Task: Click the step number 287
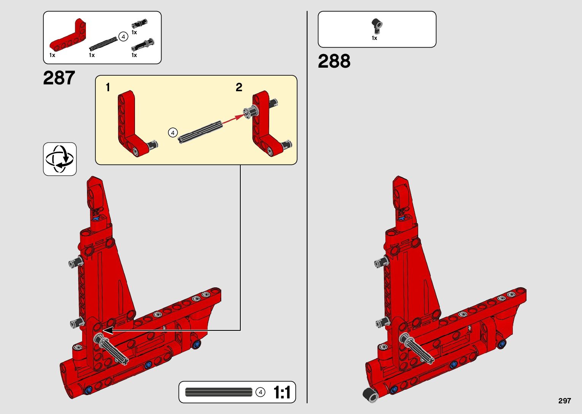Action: click(59, 78)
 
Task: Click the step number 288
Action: click(334, 61)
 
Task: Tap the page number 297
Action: click(565, 401)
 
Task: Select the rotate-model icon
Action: click(60, 159)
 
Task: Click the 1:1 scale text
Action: click(282, 392)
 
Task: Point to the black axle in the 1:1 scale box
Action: click(219, 392)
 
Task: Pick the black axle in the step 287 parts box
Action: click(103, 43)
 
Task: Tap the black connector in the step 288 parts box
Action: click(377, 25)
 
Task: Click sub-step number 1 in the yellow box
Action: click(108, 87)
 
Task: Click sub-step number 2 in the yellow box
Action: click(239, 87)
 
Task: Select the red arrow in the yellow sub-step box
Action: click(232, 118)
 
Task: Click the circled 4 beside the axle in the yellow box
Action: click(173, 133)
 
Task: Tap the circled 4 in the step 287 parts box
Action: click(123, 37)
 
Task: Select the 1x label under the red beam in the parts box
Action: click(52, 55)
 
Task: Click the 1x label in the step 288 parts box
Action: click(374, 38)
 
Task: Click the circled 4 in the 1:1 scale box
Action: click(260, 392)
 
